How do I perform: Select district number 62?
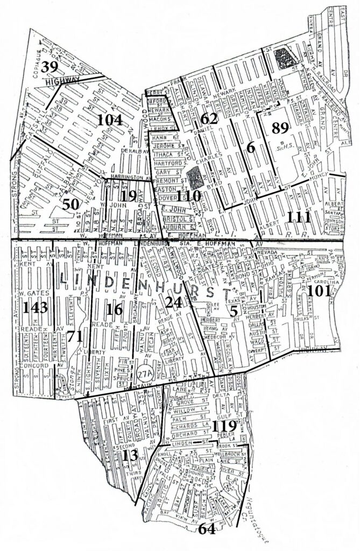pyautogui.click(x=208, y=119)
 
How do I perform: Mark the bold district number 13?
pyautogui.click(x=131, y=455)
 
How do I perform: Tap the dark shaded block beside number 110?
pyautogui.click(x=196, y=178)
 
